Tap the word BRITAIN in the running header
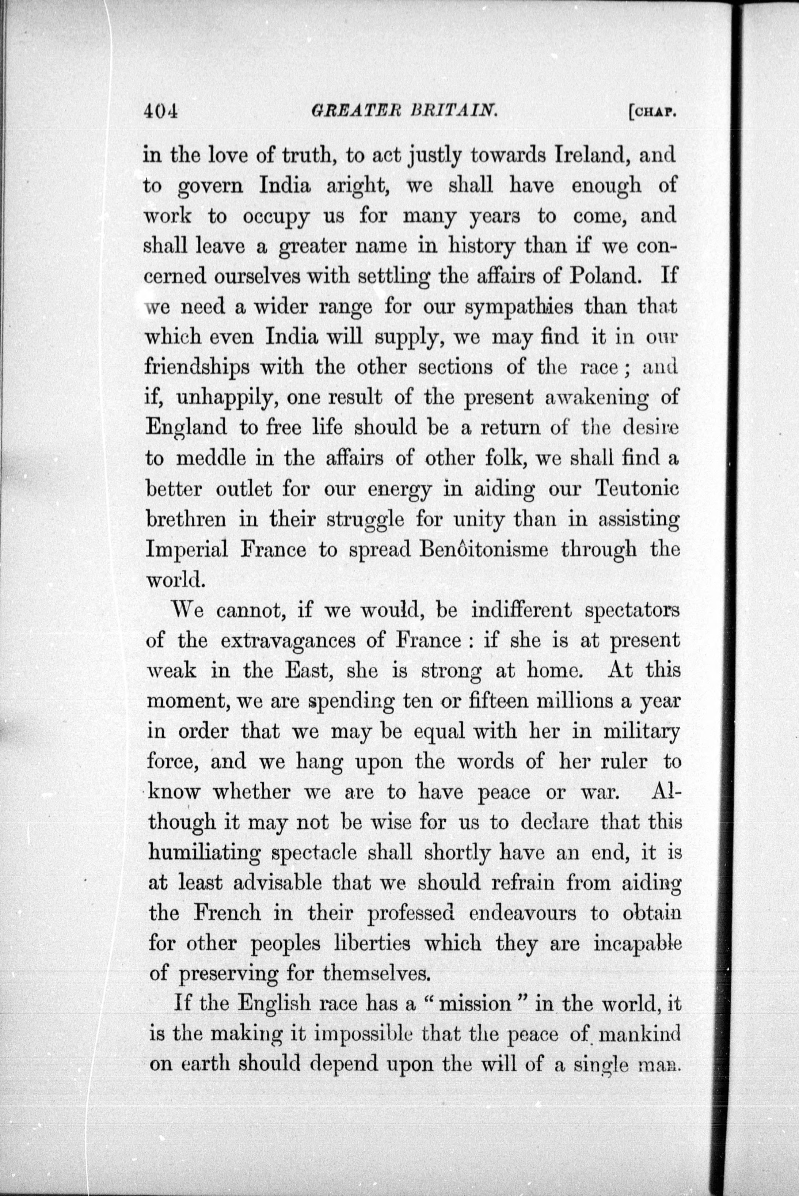(453, 110)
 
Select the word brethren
(186, 520)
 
